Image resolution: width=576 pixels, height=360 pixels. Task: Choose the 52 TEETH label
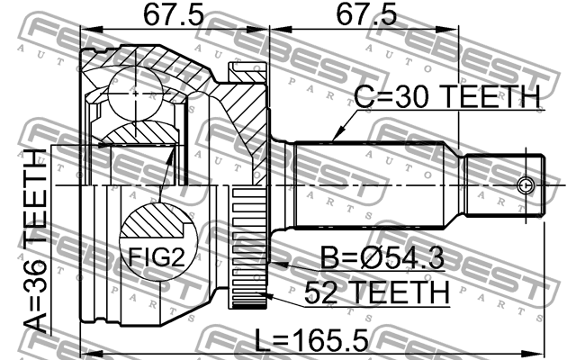pos(375,292)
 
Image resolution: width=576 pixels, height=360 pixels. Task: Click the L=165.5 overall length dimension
pos(309,343)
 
